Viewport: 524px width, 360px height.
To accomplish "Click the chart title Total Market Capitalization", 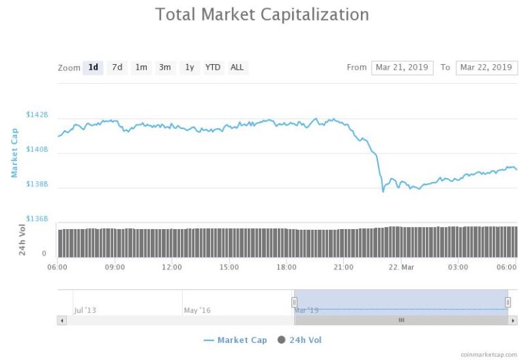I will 262,14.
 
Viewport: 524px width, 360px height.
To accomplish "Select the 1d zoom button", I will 93,67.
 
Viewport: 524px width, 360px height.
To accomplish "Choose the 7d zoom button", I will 117,67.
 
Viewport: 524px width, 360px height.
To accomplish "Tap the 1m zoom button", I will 141,67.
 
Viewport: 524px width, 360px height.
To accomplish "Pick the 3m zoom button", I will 165,67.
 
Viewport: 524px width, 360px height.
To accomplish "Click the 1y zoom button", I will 190,67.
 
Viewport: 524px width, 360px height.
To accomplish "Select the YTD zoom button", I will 213,67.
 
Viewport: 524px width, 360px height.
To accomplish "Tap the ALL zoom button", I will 237,67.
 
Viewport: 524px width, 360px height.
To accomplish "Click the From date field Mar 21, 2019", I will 402,67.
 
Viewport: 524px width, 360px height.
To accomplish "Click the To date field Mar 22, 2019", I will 486,67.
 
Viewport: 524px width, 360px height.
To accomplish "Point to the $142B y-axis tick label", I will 38,115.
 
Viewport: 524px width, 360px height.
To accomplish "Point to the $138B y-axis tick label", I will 38,184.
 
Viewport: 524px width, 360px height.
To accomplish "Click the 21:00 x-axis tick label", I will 343,267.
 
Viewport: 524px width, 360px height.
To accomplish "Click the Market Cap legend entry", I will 235,340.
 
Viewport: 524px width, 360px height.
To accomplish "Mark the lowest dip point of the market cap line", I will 383,191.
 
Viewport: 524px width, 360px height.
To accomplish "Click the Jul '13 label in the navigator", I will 85,310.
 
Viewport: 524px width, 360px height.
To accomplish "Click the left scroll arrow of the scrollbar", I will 61,320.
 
